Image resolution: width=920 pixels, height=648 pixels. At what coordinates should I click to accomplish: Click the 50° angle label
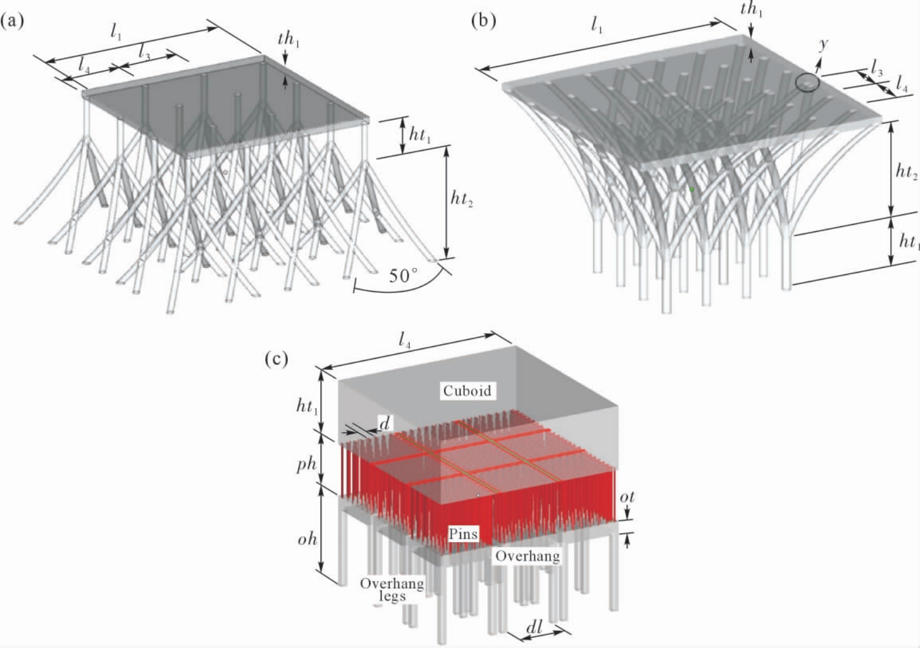(404, 276)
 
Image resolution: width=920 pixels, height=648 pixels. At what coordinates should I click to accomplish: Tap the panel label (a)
(13, 21)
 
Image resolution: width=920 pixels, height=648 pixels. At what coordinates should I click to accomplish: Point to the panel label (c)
(277, 359)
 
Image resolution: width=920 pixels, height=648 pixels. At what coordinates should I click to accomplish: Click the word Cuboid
(467, 390)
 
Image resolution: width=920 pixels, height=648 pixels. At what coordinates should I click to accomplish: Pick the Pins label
(464, 534)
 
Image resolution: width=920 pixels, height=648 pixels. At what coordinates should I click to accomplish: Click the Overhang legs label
(392, 589)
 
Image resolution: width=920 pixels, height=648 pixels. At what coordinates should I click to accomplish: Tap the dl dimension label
(534, 628)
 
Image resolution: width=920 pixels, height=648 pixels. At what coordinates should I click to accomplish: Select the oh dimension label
(308, 539)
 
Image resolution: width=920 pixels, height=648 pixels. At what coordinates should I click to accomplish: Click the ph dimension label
(307, 464)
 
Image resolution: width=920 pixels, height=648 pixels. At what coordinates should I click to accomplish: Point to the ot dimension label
(627, 497)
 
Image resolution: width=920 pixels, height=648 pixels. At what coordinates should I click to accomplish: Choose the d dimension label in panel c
(385, 423)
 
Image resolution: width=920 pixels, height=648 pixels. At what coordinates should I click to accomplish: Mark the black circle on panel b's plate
(808, 82)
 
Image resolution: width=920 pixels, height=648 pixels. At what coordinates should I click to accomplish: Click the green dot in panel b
(692, 189)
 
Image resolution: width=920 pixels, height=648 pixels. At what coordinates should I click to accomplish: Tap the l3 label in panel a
(144, 52)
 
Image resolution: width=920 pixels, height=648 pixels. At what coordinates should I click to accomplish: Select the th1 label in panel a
(289, 39)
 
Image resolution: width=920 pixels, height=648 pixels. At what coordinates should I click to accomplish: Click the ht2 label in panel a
(462, 199)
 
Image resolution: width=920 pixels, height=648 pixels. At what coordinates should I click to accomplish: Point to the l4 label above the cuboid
(404, 341)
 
